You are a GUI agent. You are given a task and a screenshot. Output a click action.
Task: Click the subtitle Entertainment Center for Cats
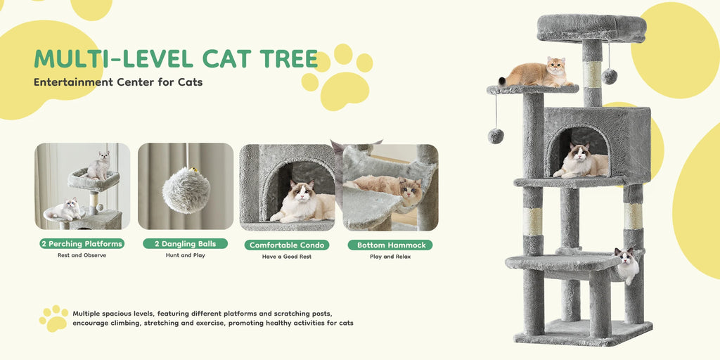point(118,82)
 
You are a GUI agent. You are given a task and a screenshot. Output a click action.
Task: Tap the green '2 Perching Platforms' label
point(82,244)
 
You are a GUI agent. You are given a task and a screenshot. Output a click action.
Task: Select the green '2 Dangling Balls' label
point(186,244)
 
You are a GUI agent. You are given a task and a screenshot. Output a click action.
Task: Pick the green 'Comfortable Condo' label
point(287,245)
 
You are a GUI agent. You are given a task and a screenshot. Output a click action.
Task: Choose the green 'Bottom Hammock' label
point(390,245)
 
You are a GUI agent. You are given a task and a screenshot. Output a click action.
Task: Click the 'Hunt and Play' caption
point(186,255)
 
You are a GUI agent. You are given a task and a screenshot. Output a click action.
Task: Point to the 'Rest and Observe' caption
point(82,255)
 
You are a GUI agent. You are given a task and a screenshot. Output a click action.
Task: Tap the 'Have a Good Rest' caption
point(287,257)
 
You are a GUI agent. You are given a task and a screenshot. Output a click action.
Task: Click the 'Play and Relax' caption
point(390,257)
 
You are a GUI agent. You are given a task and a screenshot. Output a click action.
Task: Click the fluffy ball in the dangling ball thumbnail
point(186,190)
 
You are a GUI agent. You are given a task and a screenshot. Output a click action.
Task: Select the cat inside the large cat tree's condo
point(581,161)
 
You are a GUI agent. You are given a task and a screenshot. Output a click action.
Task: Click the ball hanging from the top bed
point(610,76)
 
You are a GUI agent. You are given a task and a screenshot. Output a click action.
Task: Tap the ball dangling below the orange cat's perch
point(496,136)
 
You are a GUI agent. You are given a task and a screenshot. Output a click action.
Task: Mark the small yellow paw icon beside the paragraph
point(53,318)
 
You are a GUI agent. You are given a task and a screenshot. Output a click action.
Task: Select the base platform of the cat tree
point(583,332)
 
